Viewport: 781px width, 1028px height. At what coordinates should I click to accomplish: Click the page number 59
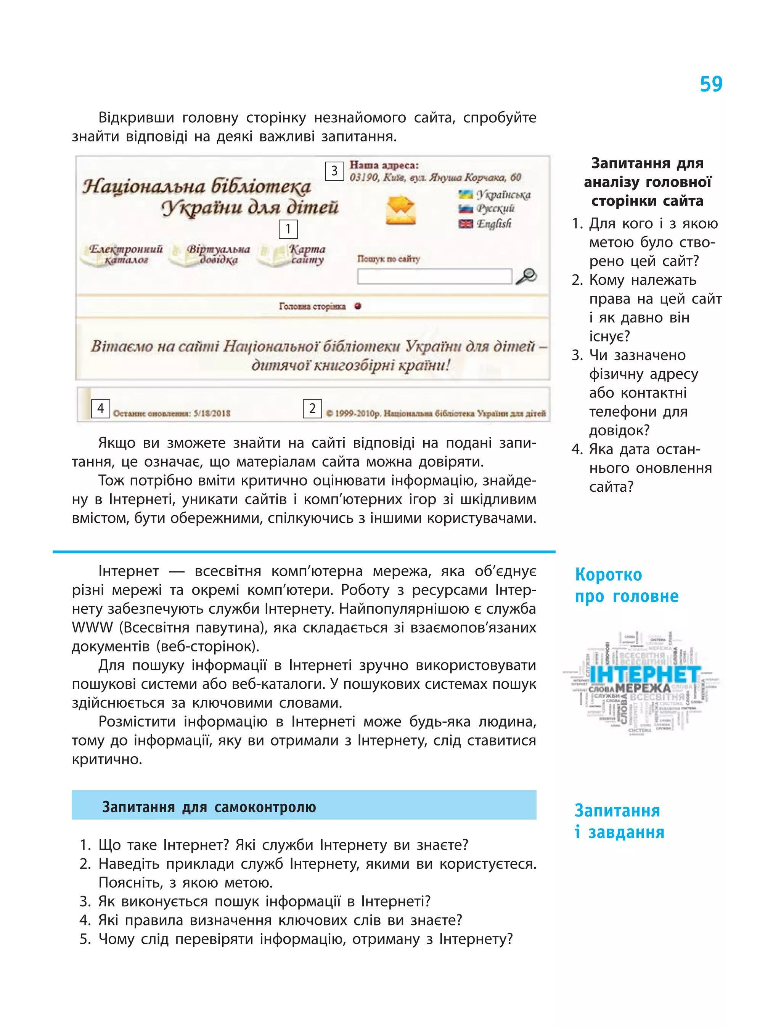pyautogui.click(x=711, y=84)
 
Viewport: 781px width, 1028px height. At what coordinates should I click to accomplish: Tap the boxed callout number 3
pyautogui.click(x=334, y=171)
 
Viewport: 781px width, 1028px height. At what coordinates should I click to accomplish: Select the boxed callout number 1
pyautogui.click(x=288, y=229)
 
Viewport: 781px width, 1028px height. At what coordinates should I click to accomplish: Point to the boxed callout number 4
pyautogui.click(x=100, y=409)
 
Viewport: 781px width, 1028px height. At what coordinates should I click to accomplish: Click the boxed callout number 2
pyautogui.click(x=312, y=409)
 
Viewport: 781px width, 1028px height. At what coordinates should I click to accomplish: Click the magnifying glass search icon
pyautogui.click(x=526, y=276)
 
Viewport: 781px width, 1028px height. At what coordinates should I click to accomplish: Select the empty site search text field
pyautogui.click(x=434, y=276)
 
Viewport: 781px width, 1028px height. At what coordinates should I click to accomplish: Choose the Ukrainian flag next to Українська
pyautogui.click(x=465, y=194)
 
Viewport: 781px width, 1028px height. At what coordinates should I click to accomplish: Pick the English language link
pyautogui.click(x=494, y=223)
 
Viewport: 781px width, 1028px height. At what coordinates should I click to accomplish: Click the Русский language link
pyautogui.click(x=495, y=208)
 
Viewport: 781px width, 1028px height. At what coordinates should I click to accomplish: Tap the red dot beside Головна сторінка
pyautogui.click(x=357, y=306)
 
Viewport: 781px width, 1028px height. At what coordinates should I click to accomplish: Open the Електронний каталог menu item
pyautogui.click(x=125, y=255)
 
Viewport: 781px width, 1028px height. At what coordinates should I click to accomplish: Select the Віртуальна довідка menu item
pyautogui.click(x=218, y=255)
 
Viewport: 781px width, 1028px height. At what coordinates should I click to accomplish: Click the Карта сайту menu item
pyautogui.click(x=307, y=255)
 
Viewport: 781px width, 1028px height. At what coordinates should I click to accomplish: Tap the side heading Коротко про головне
pyautogui.click(x=626, y=585)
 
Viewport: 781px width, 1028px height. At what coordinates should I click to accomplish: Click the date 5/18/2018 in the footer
pyautogui.click(x=212, y=413)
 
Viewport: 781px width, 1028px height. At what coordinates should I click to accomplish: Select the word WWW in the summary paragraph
pyautogui.click(x=92, y=627)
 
